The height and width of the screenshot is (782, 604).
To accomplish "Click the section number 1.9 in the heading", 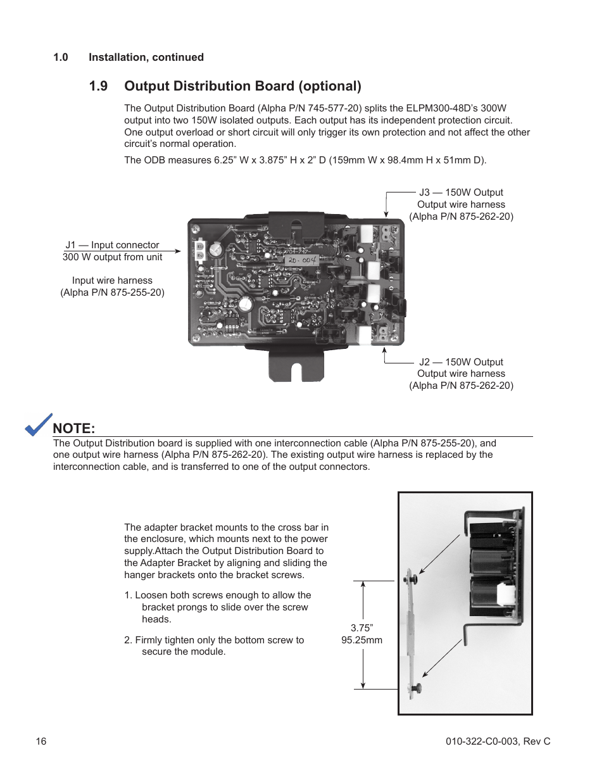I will click(x=98, y=86).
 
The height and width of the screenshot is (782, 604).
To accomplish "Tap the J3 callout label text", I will click(x=461, y=192).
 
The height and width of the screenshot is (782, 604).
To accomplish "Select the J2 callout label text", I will click(x=461, y=362).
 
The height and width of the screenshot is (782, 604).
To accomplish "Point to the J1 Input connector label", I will click(x=113, y=245).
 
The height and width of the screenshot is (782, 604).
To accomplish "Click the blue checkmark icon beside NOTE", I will click(x=39, y=425).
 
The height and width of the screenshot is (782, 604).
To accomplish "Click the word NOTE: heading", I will click(x=74, y=428).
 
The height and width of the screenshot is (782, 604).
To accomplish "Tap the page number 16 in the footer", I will click(x=41, y=741).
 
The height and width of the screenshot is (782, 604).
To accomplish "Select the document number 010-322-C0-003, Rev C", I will click(x=498, y=741).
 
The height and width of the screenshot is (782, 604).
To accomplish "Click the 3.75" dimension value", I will click(x=362, y=628).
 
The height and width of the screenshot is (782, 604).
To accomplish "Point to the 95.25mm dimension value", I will click(x=362, y=640).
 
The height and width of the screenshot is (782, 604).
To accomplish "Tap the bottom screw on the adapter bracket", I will click(x=415, y=688).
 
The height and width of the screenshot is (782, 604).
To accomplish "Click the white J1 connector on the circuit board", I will click(x=199, y=251).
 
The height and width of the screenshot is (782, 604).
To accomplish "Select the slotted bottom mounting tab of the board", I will click(x=296, y=368).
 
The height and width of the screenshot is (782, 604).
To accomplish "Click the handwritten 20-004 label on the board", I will click(x=301, y=260).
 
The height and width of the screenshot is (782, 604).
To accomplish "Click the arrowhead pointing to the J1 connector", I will click(x=178, y=251).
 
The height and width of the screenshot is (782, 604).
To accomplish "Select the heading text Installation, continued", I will click(x=146, y=58).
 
